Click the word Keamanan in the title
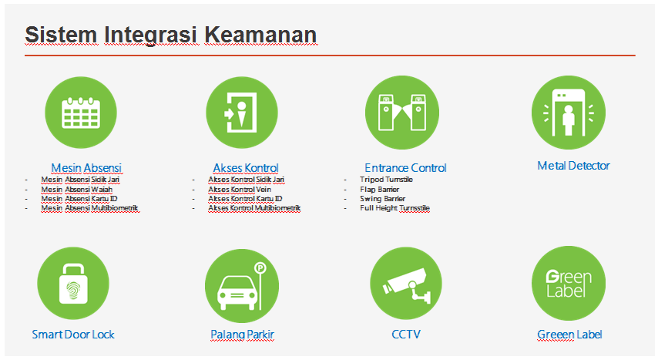260,35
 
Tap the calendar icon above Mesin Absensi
81,113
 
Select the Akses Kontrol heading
246,167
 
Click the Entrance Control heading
405,167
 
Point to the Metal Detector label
573,166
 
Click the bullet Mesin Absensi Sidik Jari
80,180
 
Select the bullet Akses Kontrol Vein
240,190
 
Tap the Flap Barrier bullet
379,190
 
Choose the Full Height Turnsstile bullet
394,208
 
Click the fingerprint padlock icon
73,284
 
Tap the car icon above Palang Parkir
237,293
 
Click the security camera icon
407,285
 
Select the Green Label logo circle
569,283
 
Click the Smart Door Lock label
73,335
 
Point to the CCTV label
406,335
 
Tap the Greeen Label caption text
569,335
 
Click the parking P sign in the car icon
260,267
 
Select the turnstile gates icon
402,112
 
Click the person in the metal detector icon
569,119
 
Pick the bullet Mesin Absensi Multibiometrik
89,208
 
